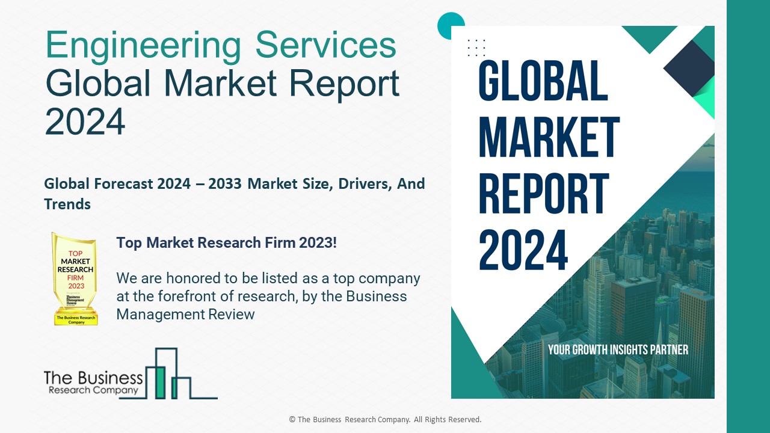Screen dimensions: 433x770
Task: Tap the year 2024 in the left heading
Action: pyautogui.click(x=85, y=120)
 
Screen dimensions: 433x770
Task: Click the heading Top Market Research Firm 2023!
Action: pyautogui.click(x=226, y=243)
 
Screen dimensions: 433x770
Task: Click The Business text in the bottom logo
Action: pyautogui.click(x=93, y=378)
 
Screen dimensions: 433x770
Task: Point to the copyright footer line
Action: pyautogui.click(x=385, y=419)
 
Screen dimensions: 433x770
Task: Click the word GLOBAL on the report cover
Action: pyautogui.click(x=543, y=81)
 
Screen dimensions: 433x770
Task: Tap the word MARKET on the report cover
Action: pyautogui.click(x=549, y=138)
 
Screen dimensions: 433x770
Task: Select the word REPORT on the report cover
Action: pyautogui.click(x=544, y=194)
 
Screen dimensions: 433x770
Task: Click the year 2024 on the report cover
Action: pyautogui.click(x=523, y=250)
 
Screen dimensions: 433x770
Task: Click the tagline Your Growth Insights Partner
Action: pyautogui.click(x=618, y=349)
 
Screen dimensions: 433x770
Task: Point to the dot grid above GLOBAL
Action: pyautogui.click(x=476, y=47)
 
